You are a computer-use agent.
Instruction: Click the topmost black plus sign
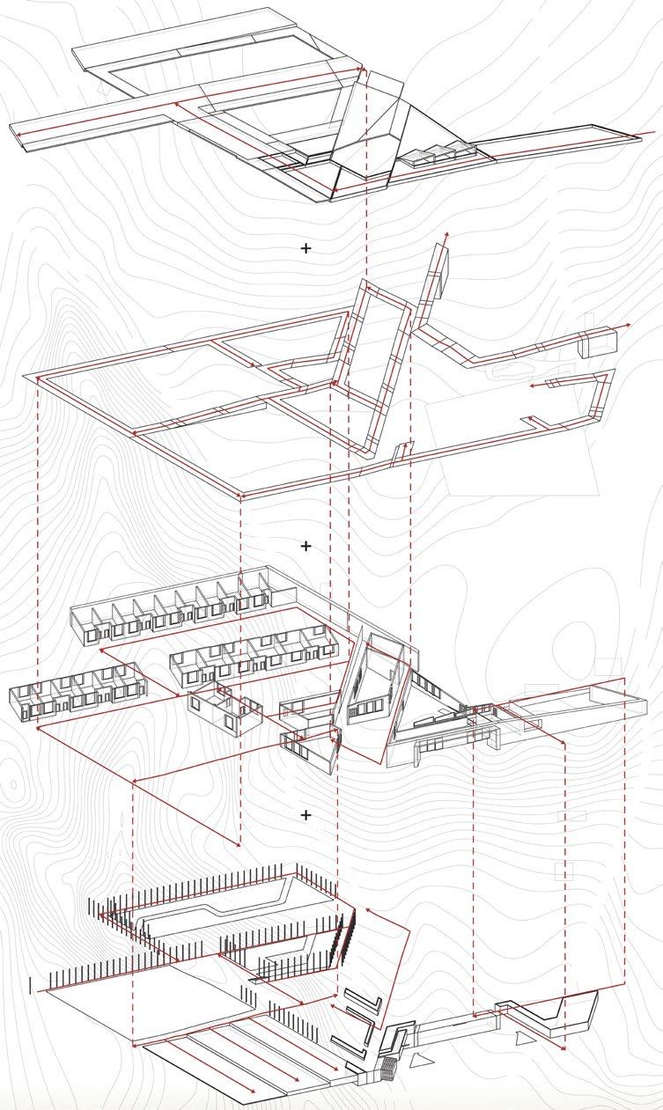point(306,248)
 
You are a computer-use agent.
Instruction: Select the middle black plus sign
point(306,546)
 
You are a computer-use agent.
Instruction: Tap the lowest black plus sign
point(306,815)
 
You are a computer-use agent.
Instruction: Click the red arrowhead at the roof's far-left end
point(15,135)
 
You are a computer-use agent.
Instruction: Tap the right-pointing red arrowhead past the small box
point(628,326)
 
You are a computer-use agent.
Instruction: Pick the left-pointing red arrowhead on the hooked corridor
point(532,386)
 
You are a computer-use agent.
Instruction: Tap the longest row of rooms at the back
point(172,607)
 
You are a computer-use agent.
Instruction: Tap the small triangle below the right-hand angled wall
point(525,1040)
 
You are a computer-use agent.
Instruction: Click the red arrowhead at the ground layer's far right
point(564,1048)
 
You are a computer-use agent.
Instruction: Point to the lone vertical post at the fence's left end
point(31,984)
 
